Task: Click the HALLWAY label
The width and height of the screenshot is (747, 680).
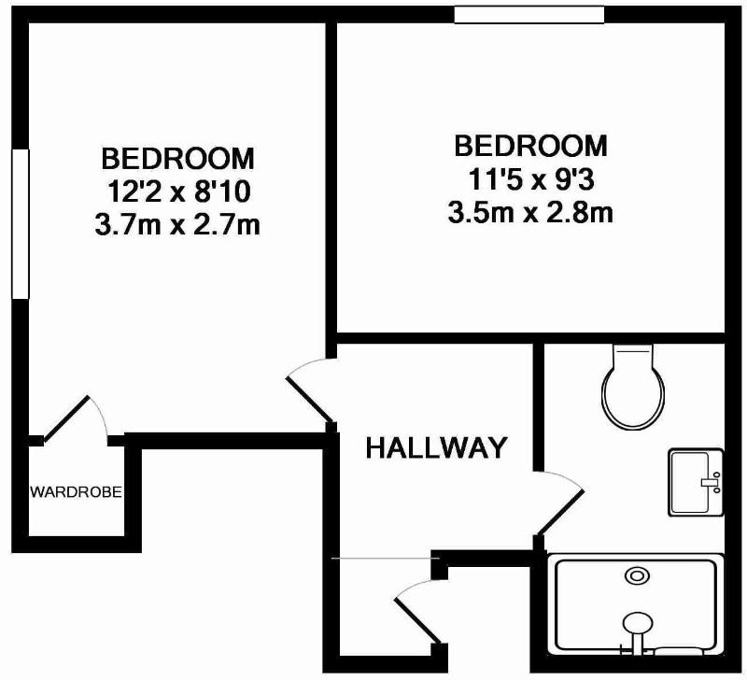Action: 436,448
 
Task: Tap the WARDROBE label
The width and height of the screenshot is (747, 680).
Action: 77,491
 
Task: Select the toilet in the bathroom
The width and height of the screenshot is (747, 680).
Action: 633,387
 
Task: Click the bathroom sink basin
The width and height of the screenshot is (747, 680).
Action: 696,482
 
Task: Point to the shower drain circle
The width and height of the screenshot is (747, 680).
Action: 637,575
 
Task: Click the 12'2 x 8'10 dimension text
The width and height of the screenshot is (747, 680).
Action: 179,192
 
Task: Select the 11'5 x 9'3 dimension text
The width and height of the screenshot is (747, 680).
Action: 531,180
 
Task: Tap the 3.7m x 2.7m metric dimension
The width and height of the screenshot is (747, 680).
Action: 177,224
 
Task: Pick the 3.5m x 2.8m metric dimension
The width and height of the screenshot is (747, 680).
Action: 530,213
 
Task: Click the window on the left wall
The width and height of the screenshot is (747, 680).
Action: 20,223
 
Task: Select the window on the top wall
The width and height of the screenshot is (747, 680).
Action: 529,14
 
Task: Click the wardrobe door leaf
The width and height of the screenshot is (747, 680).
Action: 66,418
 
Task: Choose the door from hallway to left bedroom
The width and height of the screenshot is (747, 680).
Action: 310,400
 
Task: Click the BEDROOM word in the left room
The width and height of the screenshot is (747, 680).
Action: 178,159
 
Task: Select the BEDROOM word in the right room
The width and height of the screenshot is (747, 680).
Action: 530,147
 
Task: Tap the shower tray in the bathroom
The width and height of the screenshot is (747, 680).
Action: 636,603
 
